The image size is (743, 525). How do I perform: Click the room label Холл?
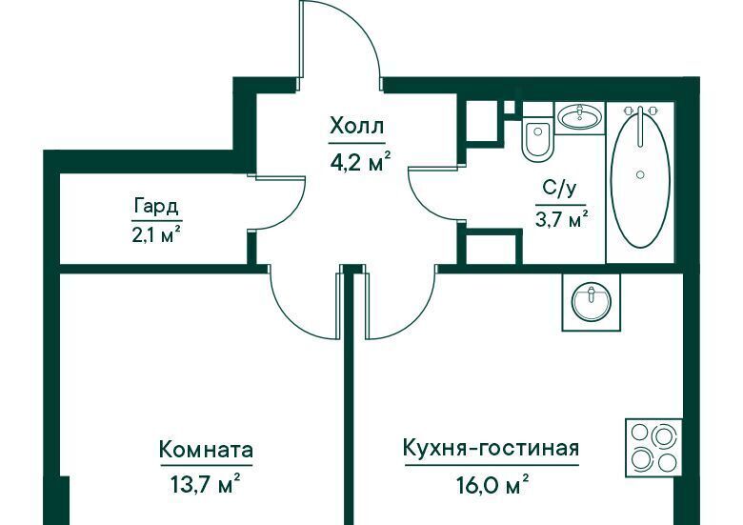coord(356,127)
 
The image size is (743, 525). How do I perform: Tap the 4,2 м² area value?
coord(360,163)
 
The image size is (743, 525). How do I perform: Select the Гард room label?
coord(156,206)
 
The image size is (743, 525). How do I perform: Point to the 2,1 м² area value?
coord(157,233)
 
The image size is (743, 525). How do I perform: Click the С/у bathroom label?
coord(559,189)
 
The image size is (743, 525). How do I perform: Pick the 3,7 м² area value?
coord(562,219)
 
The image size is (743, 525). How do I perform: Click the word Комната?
coord(206,449)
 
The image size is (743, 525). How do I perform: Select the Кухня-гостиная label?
coord(491,448)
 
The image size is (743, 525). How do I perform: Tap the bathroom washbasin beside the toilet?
coord(579,116)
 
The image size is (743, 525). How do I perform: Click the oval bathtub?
coord(640,176)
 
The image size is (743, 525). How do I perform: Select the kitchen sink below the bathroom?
coord(591,302)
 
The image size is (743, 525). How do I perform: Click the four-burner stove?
coord(653,447)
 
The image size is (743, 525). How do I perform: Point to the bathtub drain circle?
coord(641,174)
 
